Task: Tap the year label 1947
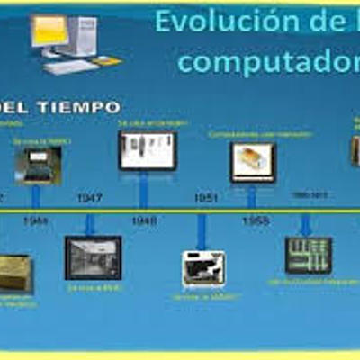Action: click(x=89, y=198)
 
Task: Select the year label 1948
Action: click(x=144, y=220)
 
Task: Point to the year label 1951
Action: click(x=206, y=198)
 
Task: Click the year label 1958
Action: click(x=255, y=220)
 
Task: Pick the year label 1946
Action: click(x=36, y=220)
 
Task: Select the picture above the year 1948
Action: click(x=147, y=150)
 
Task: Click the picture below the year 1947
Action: click(x=93, y=257)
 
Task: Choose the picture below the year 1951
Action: click(x=204, y=268)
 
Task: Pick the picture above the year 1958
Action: click(x=253, y=162)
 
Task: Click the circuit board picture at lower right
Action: click(x=309, y=255)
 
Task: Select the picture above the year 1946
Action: click(x=38, y=164)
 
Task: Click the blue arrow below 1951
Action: click(x=202, y=230)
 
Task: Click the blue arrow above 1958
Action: click(x=253, y=197)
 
